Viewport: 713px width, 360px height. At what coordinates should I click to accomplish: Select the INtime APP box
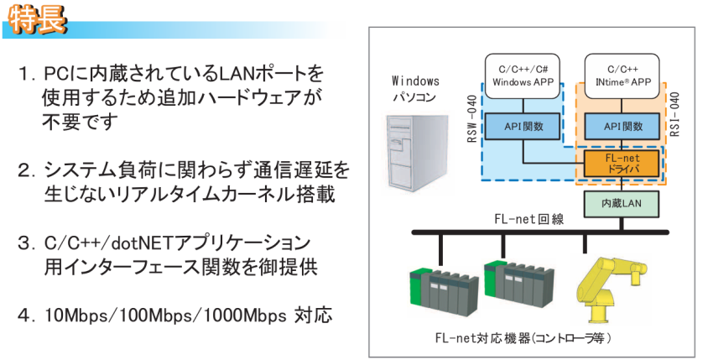coord(625,76)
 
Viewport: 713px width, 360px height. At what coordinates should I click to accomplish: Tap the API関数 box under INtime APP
coord(625,127)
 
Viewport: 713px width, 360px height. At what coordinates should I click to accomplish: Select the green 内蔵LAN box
coord(625,202)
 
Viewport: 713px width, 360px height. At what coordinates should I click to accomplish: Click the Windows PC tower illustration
coord(414,151)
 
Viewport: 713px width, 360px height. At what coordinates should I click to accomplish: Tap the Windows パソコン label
coord(415,90)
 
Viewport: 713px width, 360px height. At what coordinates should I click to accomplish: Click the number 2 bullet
coord(24,171)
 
